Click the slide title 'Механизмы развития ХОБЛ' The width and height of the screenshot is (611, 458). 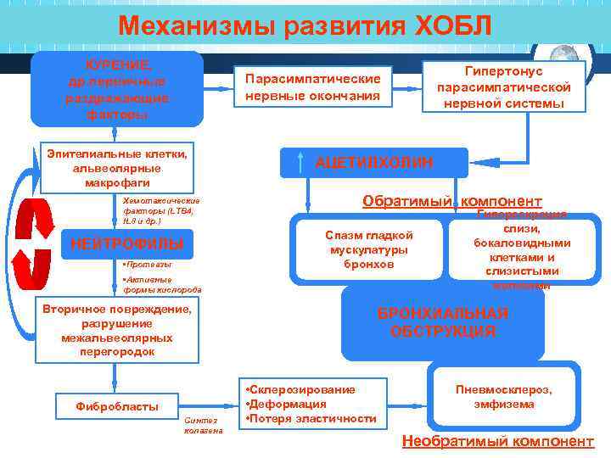[x=305, y=25]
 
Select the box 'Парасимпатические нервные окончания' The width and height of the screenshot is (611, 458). [x=312, y=87]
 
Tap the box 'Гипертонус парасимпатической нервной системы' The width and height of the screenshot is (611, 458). [x=504, y=87]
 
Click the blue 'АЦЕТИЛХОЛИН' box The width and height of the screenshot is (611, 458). [x=374, y=162]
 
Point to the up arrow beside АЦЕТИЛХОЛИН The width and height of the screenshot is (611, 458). [x=302, y=162]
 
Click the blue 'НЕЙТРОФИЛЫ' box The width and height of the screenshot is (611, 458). [x=127, y=244]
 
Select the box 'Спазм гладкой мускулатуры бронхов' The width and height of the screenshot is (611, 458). [x=368, y=249]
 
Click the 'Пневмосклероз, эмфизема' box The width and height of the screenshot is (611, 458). [x=504, y=396]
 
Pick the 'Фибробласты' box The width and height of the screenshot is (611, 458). [x=117, y=406]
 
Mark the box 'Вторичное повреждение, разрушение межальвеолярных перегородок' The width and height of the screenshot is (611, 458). [x=117, y=330]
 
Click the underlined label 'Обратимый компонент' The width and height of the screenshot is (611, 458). [x=451, y=201]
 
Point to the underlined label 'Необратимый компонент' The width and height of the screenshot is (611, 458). [x=498, y=441]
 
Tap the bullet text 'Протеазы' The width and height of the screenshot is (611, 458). [x=149, y=265]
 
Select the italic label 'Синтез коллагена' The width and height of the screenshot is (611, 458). [x=204, y=425]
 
